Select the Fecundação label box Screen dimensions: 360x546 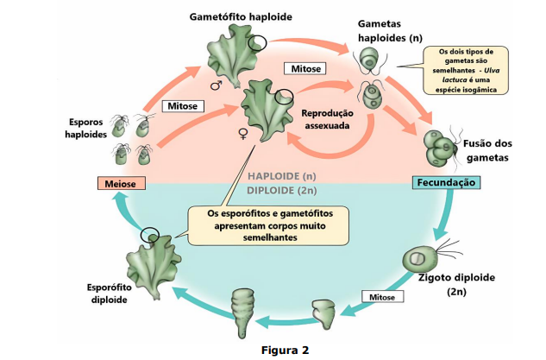click(443, 183)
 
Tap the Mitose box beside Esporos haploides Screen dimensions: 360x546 click(180, 106)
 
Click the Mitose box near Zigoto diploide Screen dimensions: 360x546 click(380, 297)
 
